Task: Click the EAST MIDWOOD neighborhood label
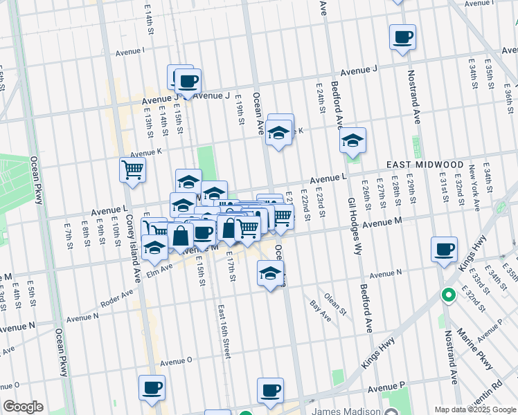[x=425, y=165]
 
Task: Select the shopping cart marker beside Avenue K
[x=132, y=169]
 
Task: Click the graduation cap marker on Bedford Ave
[x=352, y=141]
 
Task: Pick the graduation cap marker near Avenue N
[x=271, y=274]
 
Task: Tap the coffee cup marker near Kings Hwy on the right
[x=443, y=250]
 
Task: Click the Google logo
[x=23, y=407]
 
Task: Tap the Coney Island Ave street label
[x=132, y=229]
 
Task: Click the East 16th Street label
[x=223, y=331]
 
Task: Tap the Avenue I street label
[x=129, y=51]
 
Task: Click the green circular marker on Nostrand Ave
[x=448, y=296]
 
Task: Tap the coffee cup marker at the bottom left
[x=152, y=388]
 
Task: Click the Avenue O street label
[x=176, y=361]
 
